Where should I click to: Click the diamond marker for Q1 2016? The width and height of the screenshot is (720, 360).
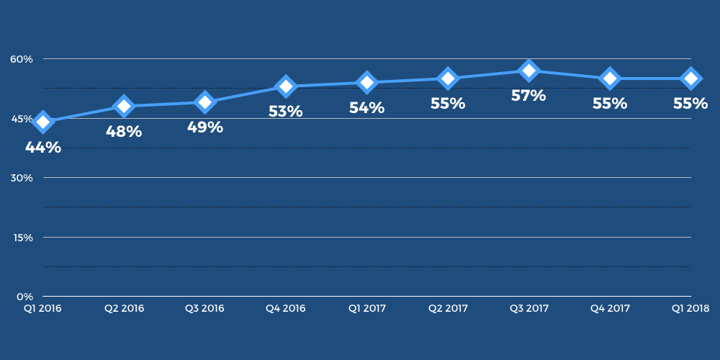[42, 122]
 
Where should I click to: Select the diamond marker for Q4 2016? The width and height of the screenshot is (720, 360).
[286, 86]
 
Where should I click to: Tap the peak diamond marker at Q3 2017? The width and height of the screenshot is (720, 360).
[529, 71]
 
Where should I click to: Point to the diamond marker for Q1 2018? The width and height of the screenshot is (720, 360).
[690, 78]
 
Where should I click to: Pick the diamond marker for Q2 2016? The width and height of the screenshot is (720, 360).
[124, 107]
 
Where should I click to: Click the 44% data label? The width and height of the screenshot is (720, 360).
[43, 148]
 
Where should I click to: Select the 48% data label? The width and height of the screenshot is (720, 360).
[124, 132]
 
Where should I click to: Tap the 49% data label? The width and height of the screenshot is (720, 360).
[205, 127]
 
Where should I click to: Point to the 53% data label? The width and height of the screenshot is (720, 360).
[286, 112]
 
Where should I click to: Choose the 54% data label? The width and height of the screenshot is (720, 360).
[366, 108]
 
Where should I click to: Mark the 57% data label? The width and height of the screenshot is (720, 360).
[528, 96]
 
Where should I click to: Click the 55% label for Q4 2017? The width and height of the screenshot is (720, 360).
[610, 104]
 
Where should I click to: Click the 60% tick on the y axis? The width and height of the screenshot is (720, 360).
[22, 59]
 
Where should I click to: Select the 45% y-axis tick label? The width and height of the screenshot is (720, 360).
[22, 119]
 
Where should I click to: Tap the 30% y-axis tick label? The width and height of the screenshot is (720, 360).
[22, 178]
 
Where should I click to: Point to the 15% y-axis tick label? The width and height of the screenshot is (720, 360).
[22, 238]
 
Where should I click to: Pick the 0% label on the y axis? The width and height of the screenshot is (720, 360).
[25, 297]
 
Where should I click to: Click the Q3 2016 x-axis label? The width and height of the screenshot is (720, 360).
[205, 309]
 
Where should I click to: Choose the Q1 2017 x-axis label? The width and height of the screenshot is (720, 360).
[367, 309]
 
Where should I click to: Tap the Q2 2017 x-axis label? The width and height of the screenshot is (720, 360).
[448, 309]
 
